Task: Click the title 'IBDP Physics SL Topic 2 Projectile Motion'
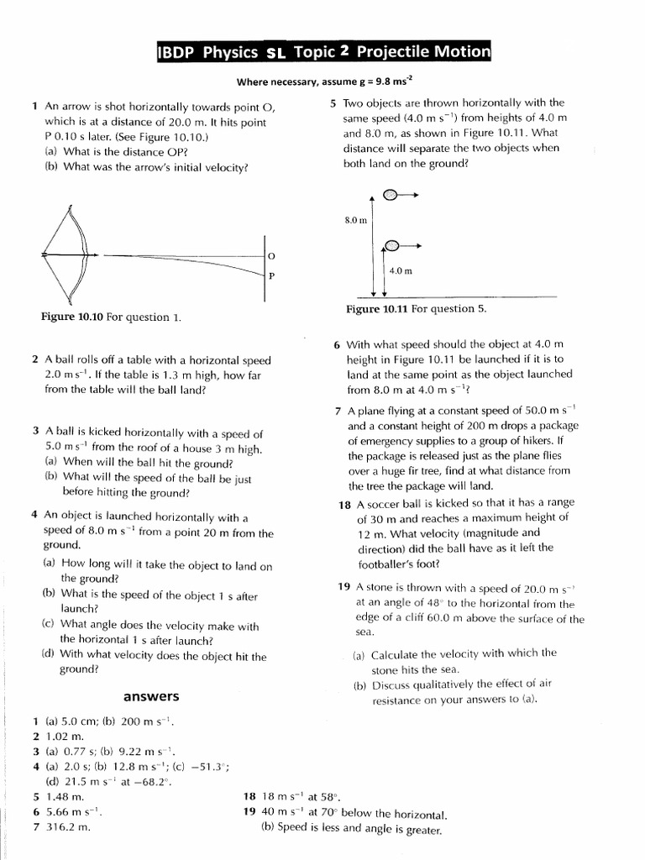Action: click(x=323, y=52)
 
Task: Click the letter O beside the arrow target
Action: click(x=271, y=254)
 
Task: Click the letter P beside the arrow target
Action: click(x=271, y=275)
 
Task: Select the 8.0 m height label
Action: click(x=356, y=220)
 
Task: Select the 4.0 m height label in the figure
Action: click(x=401, y=270)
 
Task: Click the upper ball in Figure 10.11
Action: click(x=391, y=195)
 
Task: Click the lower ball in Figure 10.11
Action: click(x=392, y=245)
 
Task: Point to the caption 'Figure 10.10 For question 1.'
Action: click(x=111, y=317)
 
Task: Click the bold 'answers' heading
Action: click(x=151, y=696)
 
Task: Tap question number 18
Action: click(x=344, y=504)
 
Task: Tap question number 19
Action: click(x=344, y=586)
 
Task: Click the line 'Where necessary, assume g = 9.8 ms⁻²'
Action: click(x=323, y=81)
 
